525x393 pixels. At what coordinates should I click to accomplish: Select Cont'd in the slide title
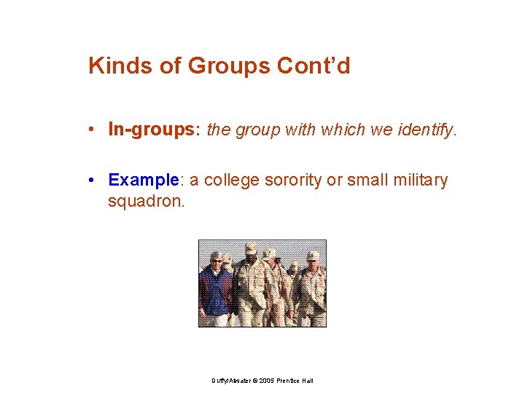coord(314,65)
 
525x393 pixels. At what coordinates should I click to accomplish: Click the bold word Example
coord(143,180)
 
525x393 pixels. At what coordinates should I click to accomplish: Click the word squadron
coord(147,200)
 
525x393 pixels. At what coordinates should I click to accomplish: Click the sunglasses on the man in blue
coord(217,260)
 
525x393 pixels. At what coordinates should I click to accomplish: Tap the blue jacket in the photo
coord(215,291)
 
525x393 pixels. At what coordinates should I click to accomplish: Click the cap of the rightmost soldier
coord(313,255)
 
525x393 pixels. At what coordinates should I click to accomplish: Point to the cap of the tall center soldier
coord(251,248)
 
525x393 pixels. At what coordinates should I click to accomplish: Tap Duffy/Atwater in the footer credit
coord(229,381)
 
